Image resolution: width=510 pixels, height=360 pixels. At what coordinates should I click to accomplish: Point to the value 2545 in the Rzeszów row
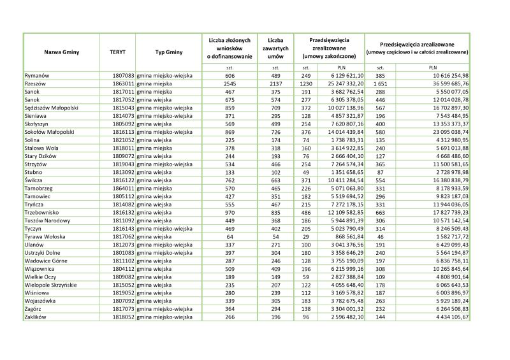pos(230,83)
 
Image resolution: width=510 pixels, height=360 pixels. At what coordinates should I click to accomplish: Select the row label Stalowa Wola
pos(41,148)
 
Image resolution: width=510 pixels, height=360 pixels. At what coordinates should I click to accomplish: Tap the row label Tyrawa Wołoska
pos(45,236)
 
